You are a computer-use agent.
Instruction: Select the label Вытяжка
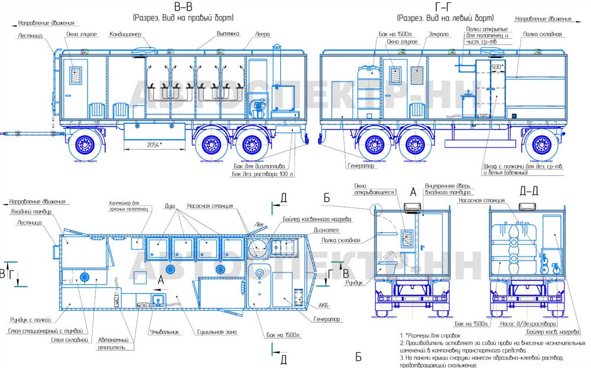click(227, 34)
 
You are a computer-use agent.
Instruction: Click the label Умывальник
click(165, 332)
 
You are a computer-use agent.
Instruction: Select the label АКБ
click(323, 306)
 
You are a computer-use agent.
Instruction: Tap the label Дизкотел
click(326, 231)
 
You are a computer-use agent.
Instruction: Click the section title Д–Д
click(528, 190)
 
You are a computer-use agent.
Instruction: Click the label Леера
click(262, 34)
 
